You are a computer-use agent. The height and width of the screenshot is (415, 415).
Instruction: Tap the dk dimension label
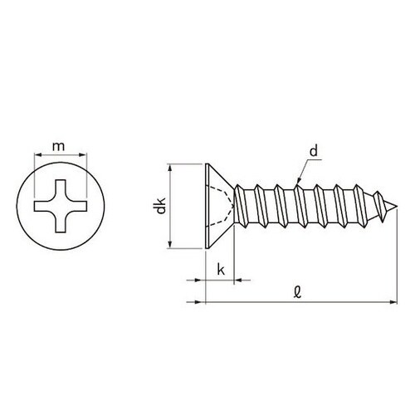coord(159,205)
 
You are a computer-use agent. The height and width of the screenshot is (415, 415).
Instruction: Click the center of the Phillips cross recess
coord(61,205)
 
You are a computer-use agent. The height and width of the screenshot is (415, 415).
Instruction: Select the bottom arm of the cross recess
coord(61,223)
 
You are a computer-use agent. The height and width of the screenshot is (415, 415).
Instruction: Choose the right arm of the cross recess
coord(80,205)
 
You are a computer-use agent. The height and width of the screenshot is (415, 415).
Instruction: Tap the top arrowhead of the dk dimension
coord(170,166)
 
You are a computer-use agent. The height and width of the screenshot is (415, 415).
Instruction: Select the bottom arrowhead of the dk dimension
coord(170,244)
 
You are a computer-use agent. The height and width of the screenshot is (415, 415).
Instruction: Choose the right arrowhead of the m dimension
coord(85,156)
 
